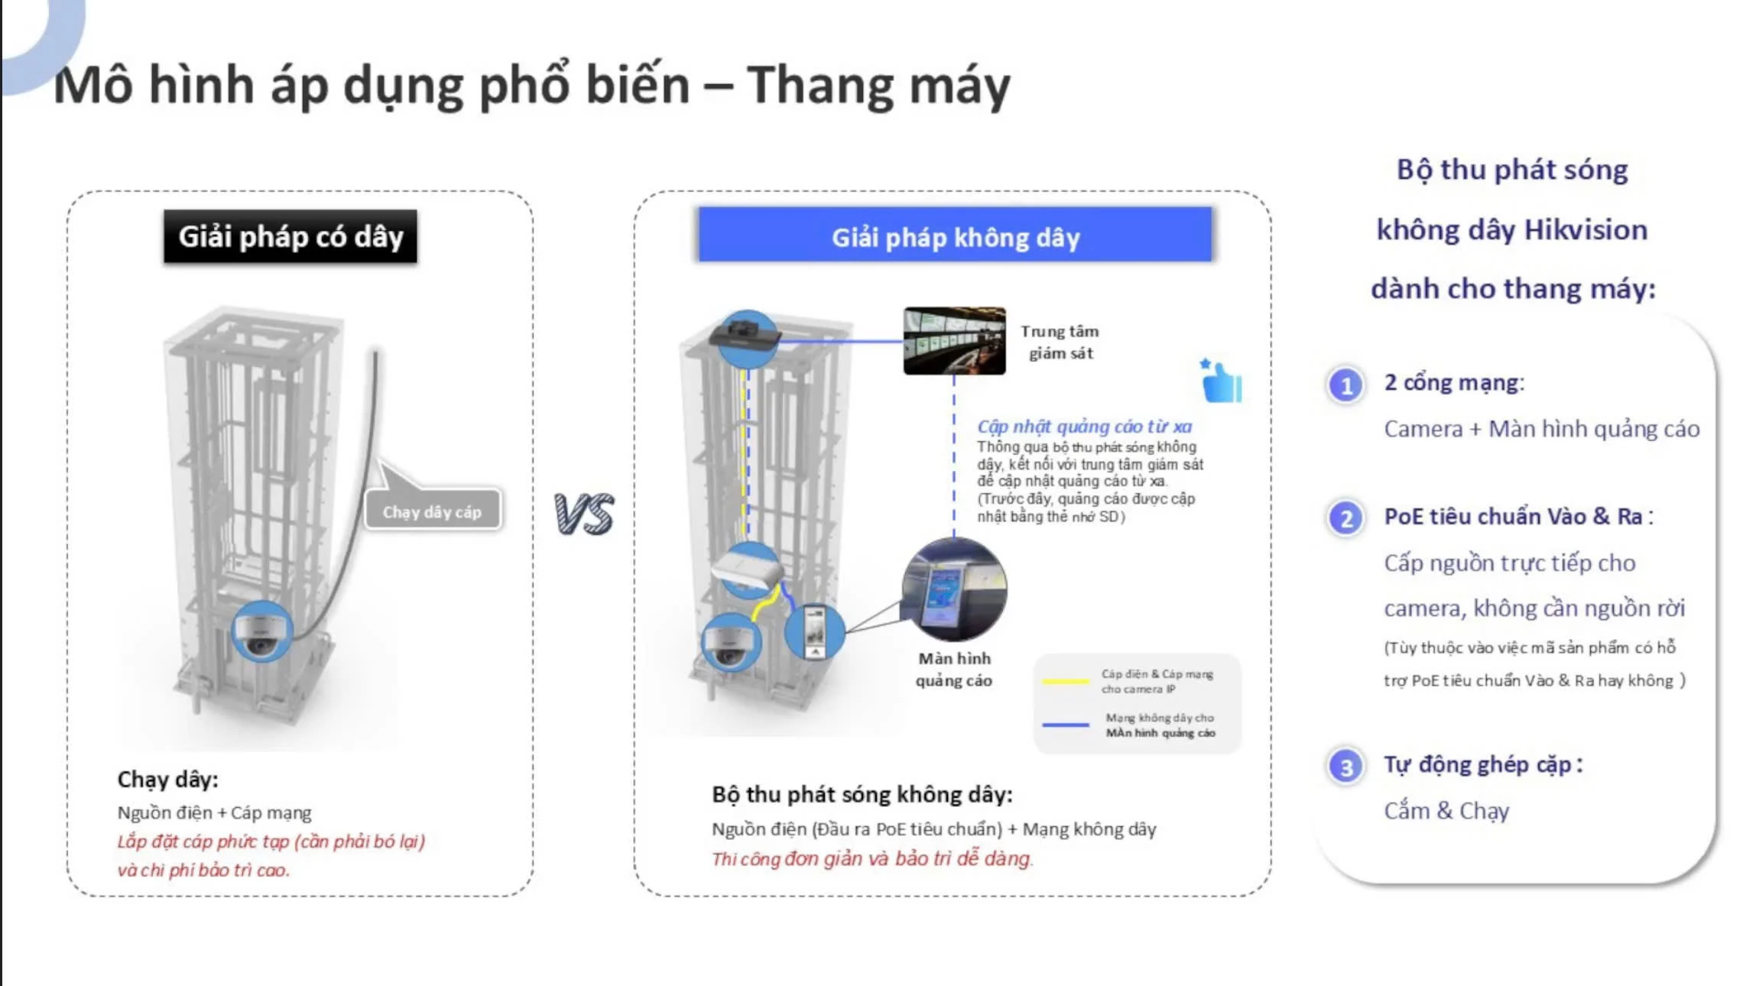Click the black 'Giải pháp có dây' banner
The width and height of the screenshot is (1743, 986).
[x=290, y=237]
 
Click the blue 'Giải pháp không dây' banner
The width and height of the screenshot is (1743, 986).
[x=955, y=236]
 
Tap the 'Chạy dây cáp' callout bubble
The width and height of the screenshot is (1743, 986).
[x=432, y=511]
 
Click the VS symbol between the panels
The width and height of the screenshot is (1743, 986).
[x=584, y=513]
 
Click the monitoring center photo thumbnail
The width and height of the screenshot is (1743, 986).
[x=954, y=341]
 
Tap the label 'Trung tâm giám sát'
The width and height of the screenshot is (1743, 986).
[x=1060, y=342]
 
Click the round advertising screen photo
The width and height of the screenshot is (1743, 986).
[x=954, y=589]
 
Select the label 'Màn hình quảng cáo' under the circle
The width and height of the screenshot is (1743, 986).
[x=954, y=669]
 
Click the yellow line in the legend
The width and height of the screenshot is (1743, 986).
[x=1065, y=681]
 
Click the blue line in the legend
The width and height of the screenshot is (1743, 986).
[x=1065, y=725]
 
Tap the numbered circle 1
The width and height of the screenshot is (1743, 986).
[x=1346, y=385]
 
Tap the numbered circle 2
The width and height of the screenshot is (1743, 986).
[x=1346, y=519]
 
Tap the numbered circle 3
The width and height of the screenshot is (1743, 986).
[x=1346, y=767]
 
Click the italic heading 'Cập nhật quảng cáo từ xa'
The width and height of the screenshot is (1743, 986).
[x=1084, y=427]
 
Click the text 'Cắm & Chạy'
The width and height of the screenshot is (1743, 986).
[x=1446, y=810]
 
